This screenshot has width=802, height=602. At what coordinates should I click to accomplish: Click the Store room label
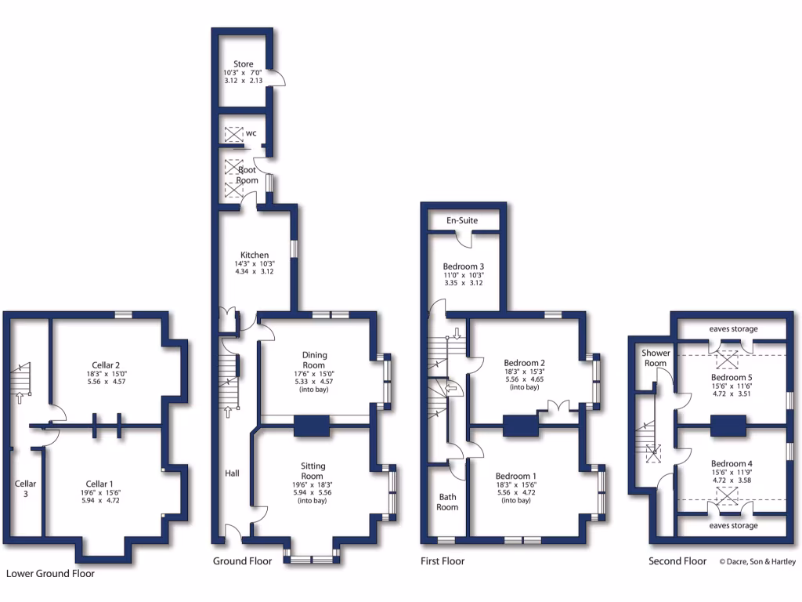[243, 63]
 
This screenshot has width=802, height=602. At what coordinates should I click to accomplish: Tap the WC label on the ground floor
[251, 133]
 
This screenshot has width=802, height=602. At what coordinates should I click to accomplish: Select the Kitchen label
[255, 255]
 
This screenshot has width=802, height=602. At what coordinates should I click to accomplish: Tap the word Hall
[233, 473]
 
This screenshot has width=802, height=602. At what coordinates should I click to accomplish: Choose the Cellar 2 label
[106, 364]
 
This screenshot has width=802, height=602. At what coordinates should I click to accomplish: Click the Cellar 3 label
[25, 488]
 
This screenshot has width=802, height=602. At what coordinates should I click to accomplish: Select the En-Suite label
[462, 220]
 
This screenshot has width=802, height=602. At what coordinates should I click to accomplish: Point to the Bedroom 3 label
[464, 266]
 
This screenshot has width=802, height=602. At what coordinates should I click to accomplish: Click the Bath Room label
[447, 502]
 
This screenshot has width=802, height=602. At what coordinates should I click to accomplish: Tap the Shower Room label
[656, 358]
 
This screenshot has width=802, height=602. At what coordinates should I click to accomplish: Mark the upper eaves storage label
[733, 328]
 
